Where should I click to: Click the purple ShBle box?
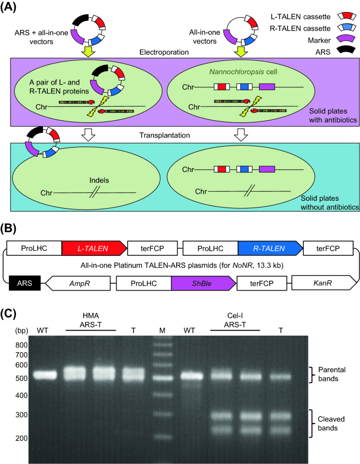(202, 283)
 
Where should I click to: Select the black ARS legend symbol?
(346, 51)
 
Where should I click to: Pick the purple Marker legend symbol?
(346, 38)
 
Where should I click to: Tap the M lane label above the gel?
(162, 329)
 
